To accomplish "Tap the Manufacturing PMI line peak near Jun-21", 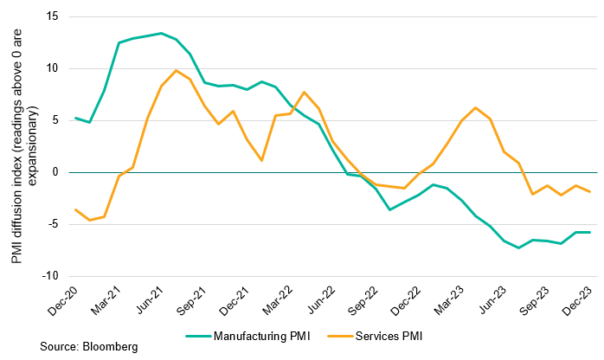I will point(162,33).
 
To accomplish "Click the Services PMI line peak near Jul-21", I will point(176,70).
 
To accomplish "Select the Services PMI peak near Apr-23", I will point(476,107).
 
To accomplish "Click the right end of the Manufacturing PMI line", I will point(590,232).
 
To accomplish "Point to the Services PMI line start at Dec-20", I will point(76,209).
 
